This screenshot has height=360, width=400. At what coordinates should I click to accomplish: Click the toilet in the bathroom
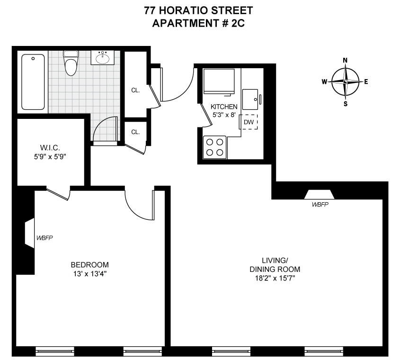(x=71, y=63)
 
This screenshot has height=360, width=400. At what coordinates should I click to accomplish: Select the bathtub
(x=33, y=82)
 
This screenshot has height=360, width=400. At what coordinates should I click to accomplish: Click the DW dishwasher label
(x=249, y=122)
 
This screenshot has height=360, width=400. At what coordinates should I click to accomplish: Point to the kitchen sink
(x=250, y=99)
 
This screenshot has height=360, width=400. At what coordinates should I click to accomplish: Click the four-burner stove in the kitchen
(x=214, y=147)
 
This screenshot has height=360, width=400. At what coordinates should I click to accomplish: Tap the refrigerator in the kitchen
(x=219, y=81)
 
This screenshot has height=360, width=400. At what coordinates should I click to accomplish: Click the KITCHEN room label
(x=224, y=107)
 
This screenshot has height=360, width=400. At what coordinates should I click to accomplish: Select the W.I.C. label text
(x=50, y=148)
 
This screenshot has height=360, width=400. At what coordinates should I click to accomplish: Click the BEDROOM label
(x=90, y=264)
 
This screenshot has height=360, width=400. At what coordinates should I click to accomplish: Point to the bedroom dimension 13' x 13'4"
(x=90, y=274)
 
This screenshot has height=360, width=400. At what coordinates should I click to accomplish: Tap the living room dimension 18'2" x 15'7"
(x=275, y=278)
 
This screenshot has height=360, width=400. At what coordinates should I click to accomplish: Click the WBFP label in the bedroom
(x=44, y=238)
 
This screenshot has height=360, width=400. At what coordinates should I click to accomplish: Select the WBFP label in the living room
(x=320, y=204)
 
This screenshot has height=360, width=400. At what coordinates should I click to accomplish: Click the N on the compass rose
(x=345, y=60)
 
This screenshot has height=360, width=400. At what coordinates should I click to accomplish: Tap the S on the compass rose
(x=346, y=104)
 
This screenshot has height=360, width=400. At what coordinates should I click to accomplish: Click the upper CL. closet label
(x=135, y=90)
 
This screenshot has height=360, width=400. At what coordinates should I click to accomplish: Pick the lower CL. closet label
(x=135, y=132)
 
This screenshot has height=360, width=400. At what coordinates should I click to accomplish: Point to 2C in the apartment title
(x=238, y=23)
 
